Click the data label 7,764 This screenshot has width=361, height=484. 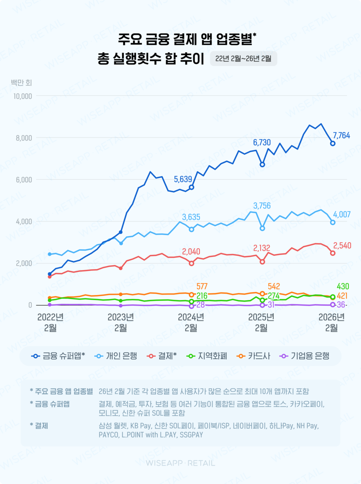[x=341, y=136]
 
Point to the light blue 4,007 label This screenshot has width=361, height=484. [x=342, y=215]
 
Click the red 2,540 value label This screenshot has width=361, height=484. [x=342, y=245]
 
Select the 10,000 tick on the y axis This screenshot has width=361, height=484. [x=22, y=96]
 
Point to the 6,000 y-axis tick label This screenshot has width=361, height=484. [x=24, y=180]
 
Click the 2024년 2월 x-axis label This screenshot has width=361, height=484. [x=191, y=323]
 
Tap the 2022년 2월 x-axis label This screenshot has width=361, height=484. [x=50, y=323]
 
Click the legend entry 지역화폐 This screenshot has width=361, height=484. [x=207, y=356]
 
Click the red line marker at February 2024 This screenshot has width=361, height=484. [x=191, y=263]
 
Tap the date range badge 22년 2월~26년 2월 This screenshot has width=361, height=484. [x=243, y=59]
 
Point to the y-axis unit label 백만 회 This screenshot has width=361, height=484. [x=22, y=83]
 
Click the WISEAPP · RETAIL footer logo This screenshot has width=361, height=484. [x=180, y=463]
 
